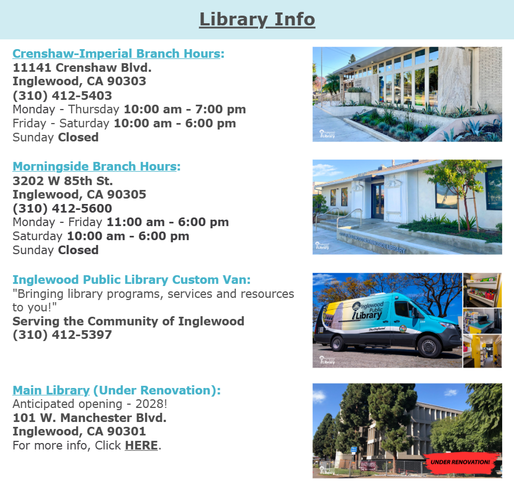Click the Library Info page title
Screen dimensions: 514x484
(257, 19)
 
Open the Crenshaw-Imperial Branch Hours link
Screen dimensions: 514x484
(116, 53)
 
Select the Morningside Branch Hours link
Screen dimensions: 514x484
(95, 167)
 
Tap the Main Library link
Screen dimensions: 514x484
(51, 390)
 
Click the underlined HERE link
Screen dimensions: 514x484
(141, 445)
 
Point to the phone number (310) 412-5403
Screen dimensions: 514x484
(62, 96)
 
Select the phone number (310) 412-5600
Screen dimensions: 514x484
(62, 208)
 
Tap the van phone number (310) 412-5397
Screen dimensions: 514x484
(62, 335)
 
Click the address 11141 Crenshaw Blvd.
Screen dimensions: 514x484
(82, 67)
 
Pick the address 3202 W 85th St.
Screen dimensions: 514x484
(62, 181)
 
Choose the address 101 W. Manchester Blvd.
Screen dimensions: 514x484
(89, 418)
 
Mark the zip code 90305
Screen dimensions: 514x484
(127, 194)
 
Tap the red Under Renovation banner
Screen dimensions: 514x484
(460, 462)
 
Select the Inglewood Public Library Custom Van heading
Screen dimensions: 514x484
(131, 280)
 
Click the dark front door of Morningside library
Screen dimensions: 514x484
(377, 201)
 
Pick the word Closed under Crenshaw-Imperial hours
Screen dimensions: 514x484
(78, 137)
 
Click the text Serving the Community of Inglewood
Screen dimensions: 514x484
(128, 321)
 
